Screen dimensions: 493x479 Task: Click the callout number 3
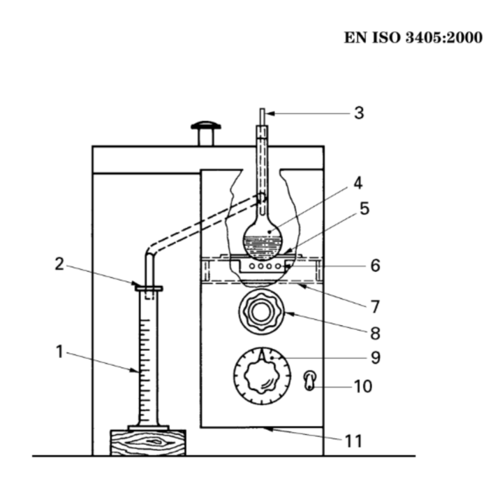tap(359, 113)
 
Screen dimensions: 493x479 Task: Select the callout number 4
tap(358, 183)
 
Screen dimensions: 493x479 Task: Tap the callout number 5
tap(365, 208)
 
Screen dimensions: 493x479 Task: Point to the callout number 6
tap(376, 266)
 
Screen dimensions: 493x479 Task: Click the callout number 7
tap(375, 307)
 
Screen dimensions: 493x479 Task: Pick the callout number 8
tap(375, 333)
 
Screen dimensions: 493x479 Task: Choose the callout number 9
tap(376, 358)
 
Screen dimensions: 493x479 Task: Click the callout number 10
tap(363, 386)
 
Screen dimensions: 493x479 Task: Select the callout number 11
tap(354, 441)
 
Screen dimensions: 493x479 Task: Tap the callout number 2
tap(59, 264)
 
